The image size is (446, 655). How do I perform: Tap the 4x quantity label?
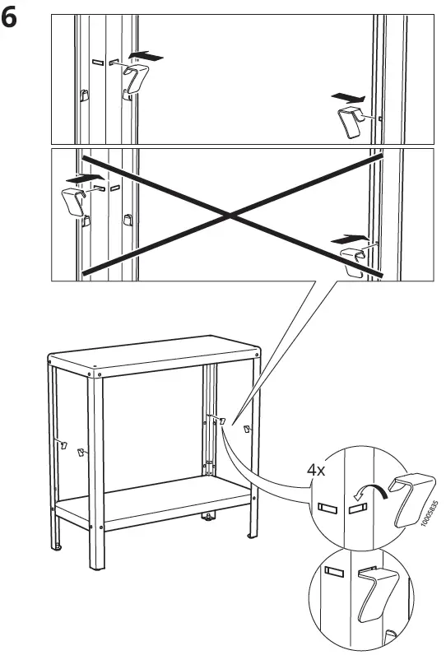click(316, 471)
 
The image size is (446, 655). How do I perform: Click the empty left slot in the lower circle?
click(333, 569)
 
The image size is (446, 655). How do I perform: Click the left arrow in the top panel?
click(146, 57)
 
